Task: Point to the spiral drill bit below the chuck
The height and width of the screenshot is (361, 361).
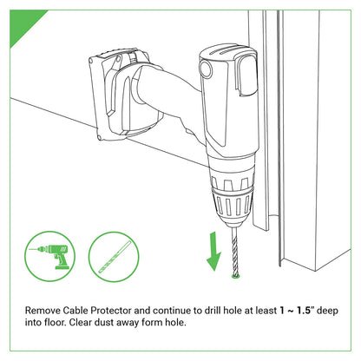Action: [233, 253]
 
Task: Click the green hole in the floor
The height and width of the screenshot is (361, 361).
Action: [234, 278]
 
